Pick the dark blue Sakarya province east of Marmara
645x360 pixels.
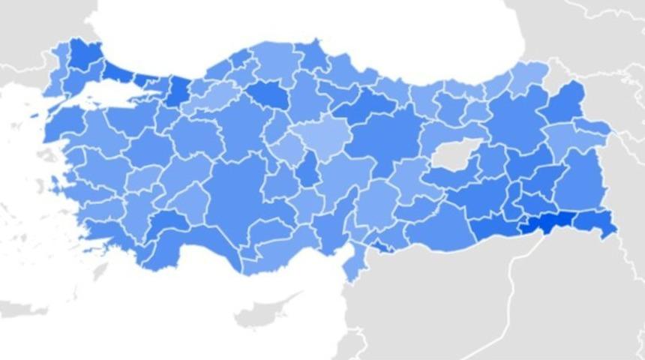179,90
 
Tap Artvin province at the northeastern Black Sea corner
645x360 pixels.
529,75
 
